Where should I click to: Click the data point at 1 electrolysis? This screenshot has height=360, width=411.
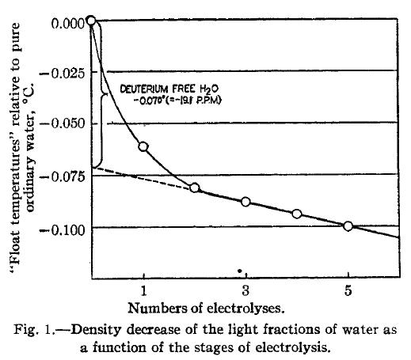coord(143,146)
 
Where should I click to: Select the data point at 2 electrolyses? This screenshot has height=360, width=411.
coord(195,188)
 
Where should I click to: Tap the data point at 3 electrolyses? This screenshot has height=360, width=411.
coord(245,202)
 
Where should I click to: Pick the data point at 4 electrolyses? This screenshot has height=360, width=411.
coord(297,214)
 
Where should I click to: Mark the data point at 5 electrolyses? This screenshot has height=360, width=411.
coord(348,226)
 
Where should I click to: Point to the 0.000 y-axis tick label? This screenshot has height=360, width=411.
coord(68,24)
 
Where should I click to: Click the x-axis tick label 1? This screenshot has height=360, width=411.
coord(143,290)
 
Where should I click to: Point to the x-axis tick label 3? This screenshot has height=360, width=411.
coord(245,290)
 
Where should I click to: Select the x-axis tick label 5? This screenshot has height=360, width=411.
coord(348,290)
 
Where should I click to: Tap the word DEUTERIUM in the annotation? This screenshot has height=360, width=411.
coord(143,89)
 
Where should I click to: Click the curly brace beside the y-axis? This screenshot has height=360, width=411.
coord(99,95)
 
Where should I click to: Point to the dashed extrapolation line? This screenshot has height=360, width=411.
coord(143,178)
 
